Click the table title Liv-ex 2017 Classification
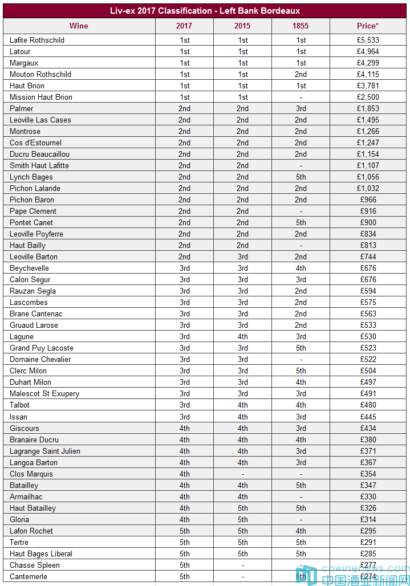click(205, 11)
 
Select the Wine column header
click(79, 26)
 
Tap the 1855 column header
click(301, 26)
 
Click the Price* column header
click(368, 26)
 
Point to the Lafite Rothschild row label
click(37, 40)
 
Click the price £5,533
click(368, 40)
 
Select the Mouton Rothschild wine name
click(40, 74)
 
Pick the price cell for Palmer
click(368, 108)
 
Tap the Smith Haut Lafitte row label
click(39, 165)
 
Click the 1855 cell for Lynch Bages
click(301, 177)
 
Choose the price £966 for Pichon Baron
click(368, 200)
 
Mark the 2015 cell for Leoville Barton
click(242, 257)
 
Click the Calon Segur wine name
click(30, 279)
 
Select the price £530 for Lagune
click(368, 336)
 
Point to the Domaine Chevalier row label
click(40, 359)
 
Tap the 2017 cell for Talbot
click(184, 405)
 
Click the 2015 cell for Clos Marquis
click(242, 474)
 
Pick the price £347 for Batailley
click(368, 485)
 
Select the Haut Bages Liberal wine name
click(41, 554)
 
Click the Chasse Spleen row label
click(35, 565)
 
